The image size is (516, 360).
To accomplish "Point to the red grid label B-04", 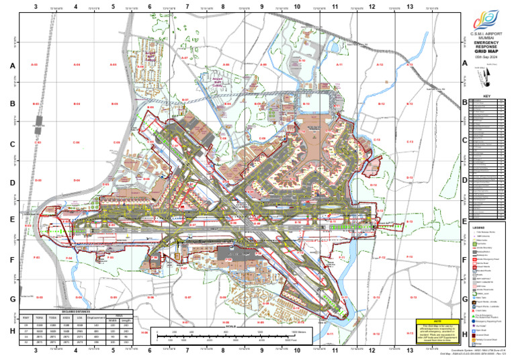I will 77,103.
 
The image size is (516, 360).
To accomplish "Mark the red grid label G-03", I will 39,296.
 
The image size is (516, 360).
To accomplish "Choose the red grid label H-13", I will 410,333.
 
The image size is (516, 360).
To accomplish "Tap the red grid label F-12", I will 382,257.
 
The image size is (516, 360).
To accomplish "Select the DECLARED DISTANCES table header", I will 85,311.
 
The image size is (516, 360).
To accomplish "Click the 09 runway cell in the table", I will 26,324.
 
